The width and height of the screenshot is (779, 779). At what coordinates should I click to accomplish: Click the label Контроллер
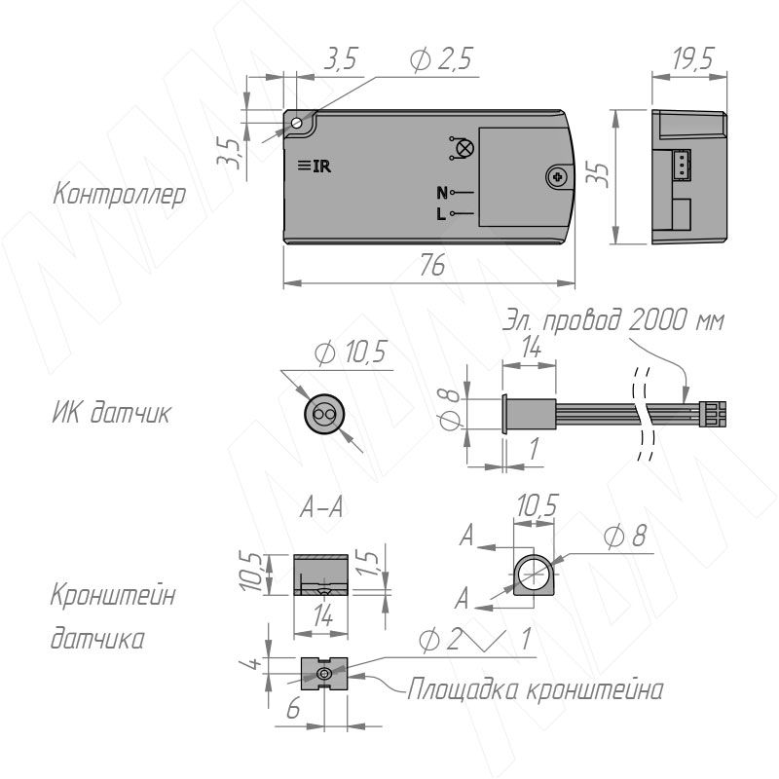point(119,194)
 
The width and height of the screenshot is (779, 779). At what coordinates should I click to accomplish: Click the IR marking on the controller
point(315,166)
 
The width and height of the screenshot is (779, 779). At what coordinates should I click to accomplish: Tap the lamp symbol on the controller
point(463,148)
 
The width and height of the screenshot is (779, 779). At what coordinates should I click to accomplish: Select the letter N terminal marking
point(442,192)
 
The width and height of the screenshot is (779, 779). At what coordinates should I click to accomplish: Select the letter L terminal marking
point(441,214)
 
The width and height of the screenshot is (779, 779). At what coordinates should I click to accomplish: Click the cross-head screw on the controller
point(558,176)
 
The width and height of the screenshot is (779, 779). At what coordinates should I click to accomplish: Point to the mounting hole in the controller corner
point(297,123)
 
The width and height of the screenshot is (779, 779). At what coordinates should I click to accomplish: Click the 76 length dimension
point(431,266)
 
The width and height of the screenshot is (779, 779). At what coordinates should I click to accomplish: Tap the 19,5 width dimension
point(693,58)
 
